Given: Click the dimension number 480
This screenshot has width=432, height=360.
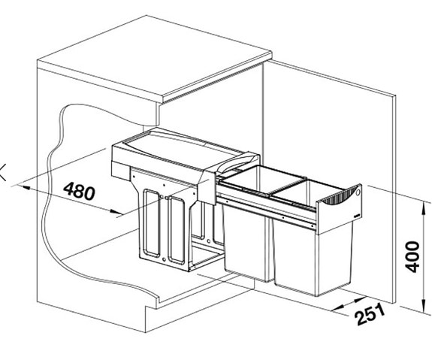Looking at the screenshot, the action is (79, 191).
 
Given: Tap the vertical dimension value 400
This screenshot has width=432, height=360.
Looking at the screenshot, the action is (412, 256).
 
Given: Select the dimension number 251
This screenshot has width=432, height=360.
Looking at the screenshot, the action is (370, 313).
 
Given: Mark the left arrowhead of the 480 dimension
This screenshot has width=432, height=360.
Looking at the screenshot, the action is (24, 187).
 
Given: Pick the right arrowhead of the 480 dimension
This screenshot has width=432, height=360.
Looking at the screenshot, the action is (116, 212).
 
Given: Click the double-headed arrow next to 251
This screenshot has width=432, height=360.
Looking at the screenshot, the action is (349, 304).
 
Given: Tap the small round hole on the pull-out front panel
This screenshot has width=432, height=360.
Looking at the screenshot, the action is (358, 192).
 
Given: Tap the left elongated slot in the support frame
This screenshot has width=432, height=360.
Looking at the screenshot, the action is (151, 223).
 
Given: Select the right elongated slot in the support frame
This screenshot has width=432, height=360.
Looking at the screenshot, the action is (177, 230).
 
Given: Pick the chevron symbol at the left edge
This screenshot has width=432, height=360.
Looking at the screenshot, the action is (3, 172).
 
